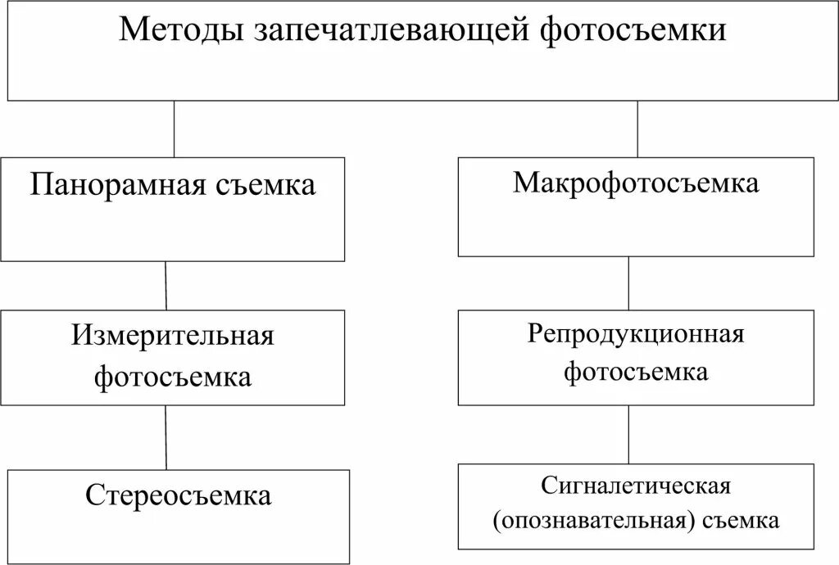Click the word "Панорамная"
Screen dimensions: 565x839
point(118,184)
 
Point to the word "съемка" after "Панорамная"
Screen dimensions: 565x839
point(265,185)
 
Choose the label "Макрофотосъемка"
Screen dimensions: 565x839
point(636,183)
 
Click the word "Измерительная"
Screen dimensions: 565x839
point(172,335)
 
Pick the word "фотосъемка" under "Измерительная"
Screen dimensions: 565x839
point(172,377)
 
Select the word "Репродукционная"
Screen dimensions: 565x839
point(636,333)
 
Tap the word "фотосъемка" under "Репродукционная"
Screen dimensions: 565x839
point(636,373)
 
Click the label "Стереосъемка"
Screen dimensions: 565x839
point(178,495)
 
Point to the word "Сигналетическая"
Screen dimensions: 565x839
point(635,485)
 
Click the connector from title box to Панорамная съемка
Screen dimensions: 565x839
point(174,129)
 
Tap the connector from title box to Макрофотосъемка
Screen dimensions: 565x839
point(637,129)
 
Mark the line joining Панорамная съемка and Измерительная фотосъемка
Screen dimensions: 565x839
point(166,285)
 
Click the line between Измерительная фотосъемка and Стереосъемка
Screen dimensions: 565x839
point(166,437)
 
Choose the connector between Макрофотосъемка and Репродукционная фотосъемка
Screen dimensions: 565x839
point(628,283)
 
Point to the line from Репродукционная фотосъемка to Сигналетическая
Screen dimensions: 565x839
point(628,434)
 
